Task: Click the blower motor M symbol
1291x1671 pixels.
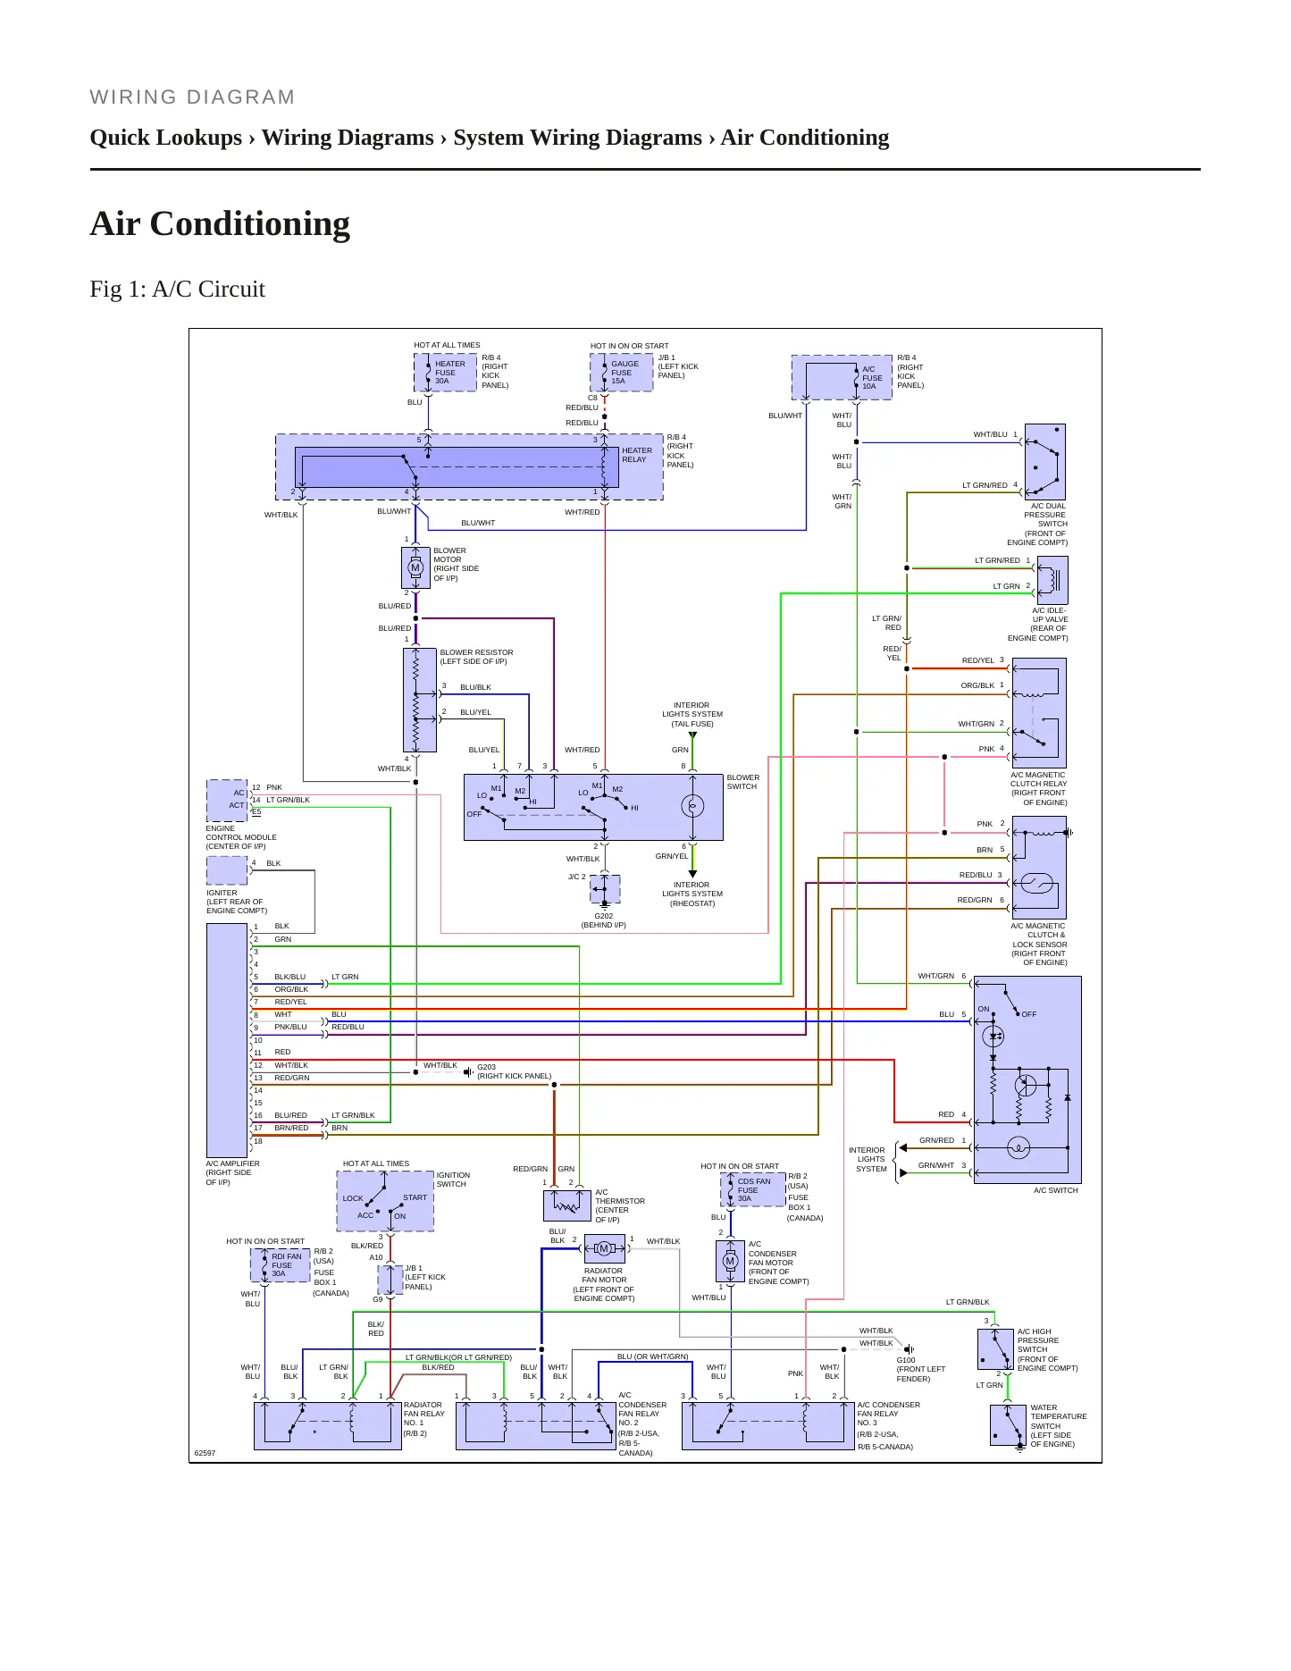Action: pos(415,567)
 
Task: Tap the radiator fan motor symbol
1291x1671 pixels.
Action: pos(604,1248)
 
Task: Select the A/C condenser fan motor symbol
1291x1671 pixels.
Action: pos(730,1261)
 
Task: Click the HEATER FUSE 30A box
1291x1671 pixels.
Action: pos(445,373)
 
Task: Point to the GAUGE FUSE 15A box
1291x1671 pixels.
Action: pos(622,373)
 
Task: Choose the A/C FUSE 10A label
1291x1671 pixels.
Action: pos(872,378)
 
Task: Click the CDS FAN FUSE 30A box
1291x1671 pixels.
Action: pos(753,1189)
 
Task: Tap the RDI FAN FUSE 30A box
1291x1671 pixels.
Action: pos(281,1264)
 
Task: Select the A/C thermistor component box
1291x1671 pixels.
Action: pos(566,1205)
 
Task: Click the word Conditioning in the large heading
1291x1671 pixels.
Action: pos(250,223)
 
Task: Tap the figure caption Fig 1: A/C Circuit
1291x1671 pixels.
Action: pos(178,289)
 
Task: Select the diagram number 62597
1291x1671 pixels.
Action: pos(205,1453)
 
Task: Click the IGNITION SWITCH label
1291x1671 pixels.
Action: pos(453,1180)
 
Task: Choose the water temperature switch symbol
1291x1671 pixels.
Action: pos(1008,1425)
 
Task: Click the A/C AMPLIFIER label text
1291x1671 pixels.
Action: pos(232,1163)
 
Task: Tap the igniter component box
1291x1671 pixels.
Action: pos(227,870)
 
